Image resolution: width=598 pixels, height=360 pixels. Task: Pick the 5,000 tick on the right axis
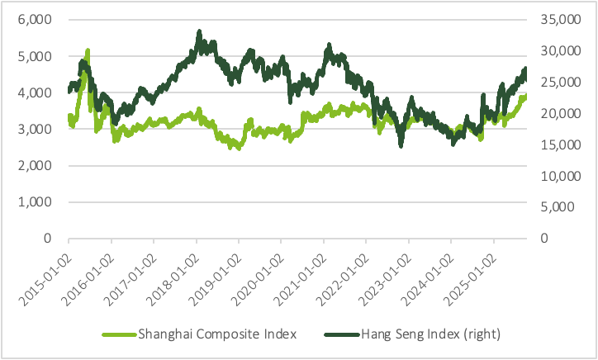click(558, 207)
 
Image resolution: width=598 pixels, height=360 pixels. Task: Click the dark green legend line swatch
click(341, 334)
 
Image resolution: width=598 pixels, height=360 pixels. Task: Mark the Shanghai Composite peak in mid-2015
click(88, 51)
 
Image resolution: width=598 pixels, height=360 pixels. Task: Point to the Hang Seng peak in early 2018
click(199, 33)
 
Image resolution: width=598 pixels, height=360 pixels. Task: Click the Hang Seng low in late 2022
click(401, 144)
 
